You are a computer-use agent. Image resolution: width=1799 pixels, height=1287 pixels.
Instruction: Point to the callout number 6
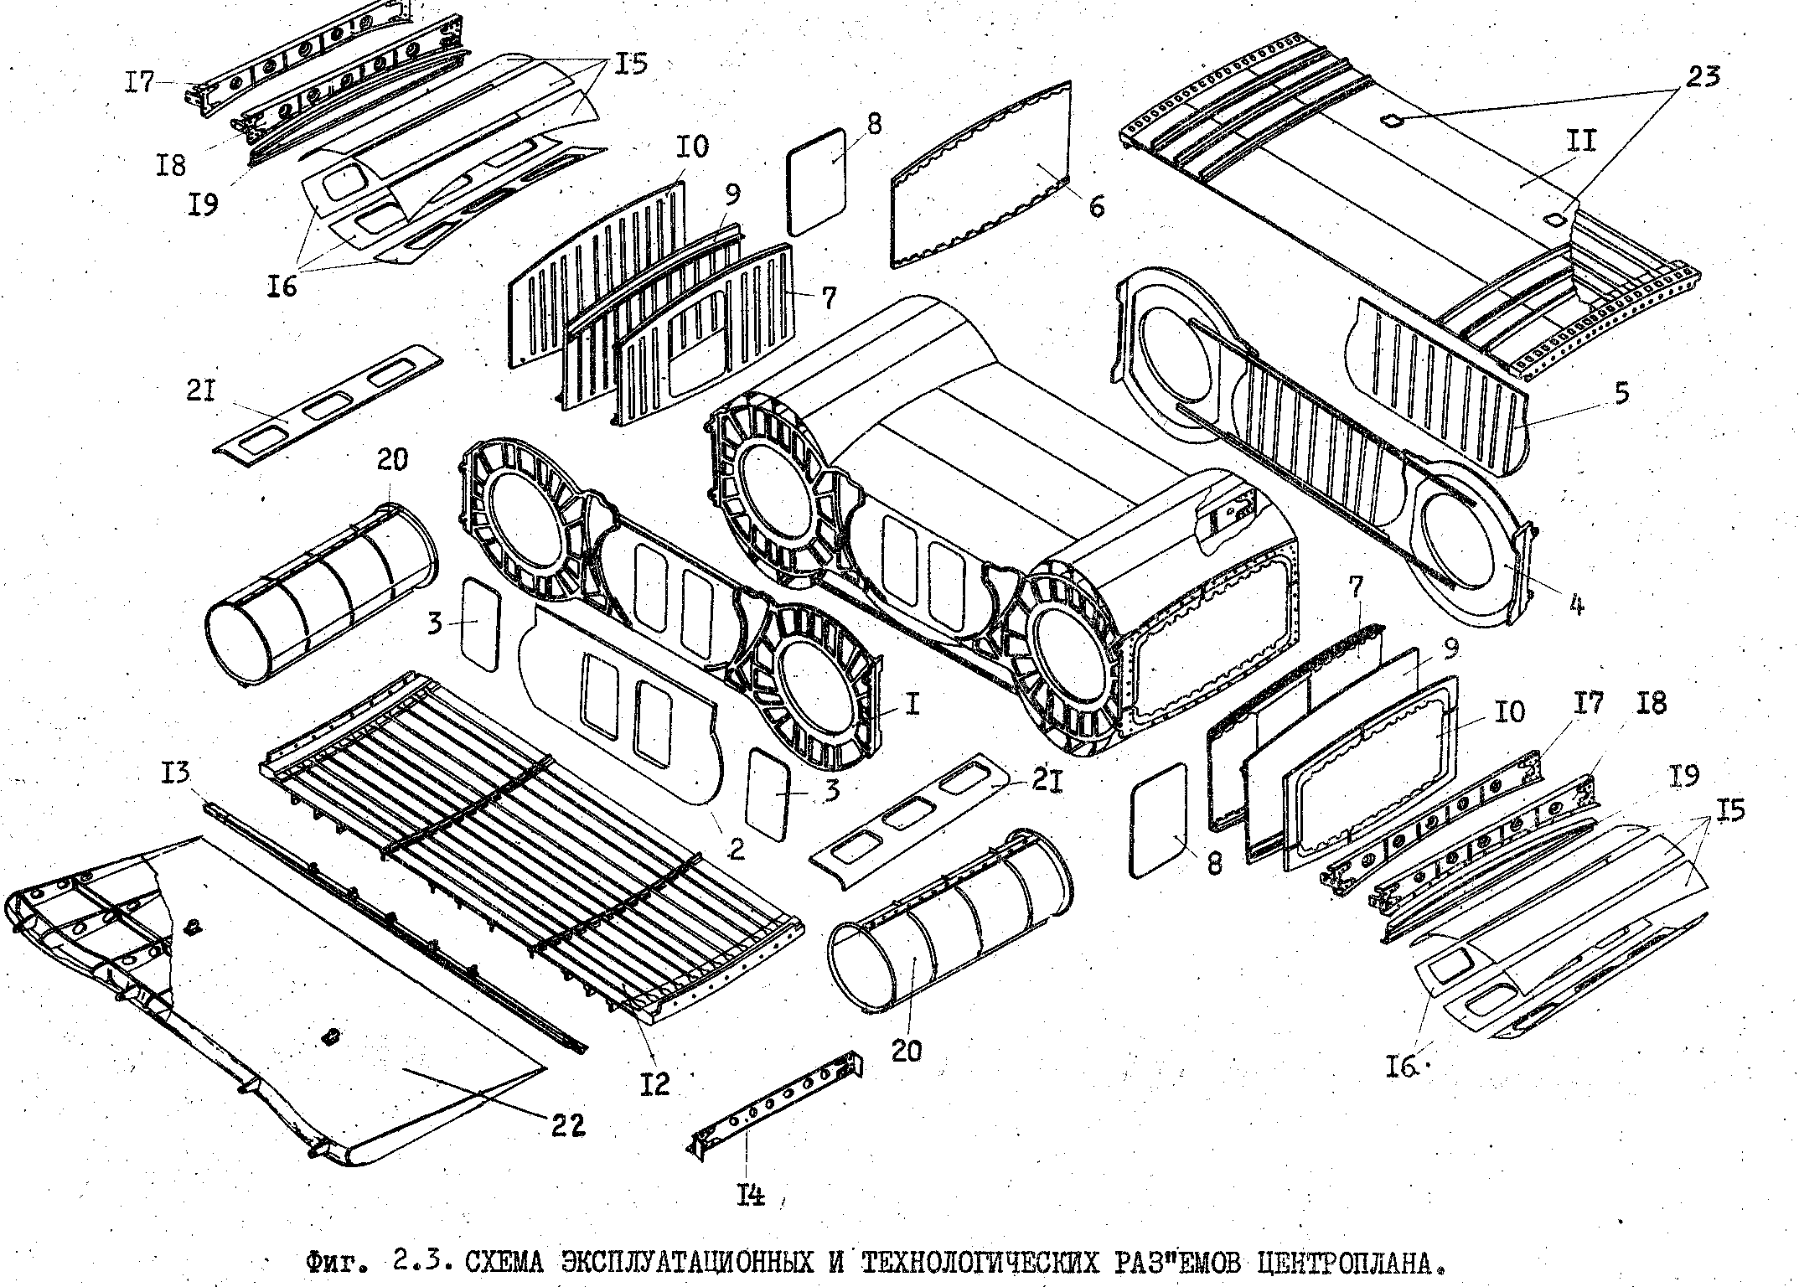tap(1095, 206)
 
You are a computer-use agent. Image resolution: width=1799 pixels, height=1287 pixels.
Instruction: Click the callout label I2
tap(654, 1084)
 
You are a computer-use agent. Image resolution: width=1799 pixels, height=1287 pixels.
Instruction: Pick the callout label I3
tap(178, 771)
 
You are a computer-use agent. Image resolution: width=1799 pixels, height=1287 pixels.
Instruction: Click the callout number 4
tap(1575, 603)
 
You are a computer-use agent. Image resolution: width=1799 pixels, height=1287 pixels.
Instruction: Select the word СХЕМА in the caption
tap(508, 1262)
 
